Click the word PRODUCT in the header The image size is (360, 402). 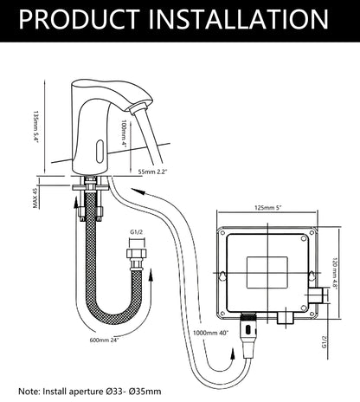(x=80, y=19)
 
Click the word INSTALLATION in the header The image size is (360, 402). (x=238, y=19)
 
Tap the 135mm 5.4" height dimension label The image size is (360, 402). (x=35, y=127)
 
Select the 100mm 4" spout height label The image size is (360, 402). (x=125, y=133)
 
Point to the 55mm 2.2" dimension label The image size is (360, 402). (x=152, y=172)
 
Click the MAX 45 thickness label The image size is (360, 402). (x=35, y=198)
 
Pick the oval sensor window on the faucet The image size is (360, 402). (x=100, y=151)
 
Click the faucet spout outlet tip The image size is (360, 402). (x=136, y=109)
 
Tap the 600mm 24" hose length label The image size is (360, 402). (x=105, y=340)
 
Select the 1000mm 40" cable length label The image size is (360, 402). (x=210, y=333)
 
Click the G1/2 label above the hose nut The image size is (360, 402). (x=137, y=232)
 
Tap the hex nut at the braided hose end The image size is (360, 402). (x=137, y=254)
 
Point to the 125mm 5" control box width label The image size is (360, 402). (x=268, y=207)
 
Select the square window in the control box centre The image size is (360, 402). (x=267, y=273)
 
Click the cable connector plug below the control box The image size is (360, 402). (x=248, y=335)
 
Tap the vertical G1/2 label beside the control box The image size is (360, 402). (x=325, y=341)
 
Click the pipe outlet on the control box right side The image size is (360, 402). (x=315, y=295)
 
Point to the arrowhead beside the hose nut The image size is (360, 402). (x=151, y=276)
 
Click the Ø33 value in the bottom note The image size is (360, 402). (x=111, y=392)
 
